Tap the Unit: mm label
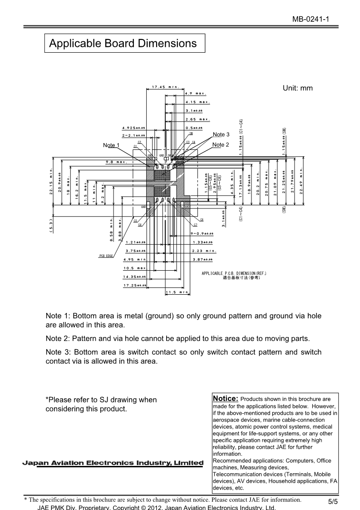(x=298, y=88)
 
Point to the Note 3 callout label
(x=221, y=134)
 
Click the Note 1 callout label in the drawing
(x=111, y=145)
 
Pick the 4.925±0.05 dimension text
(x=133, y=128)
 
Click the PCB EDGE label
(x=106, y=257)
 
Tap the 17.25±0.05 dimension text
(x=135, y=285)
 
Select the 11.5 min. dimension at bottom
(x=177, y=292)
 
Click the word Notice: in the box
(x=226, y=398)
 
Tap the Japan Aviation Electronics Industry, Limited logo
(x=113, y=463)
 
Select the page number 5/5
(x=333, y=502)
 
